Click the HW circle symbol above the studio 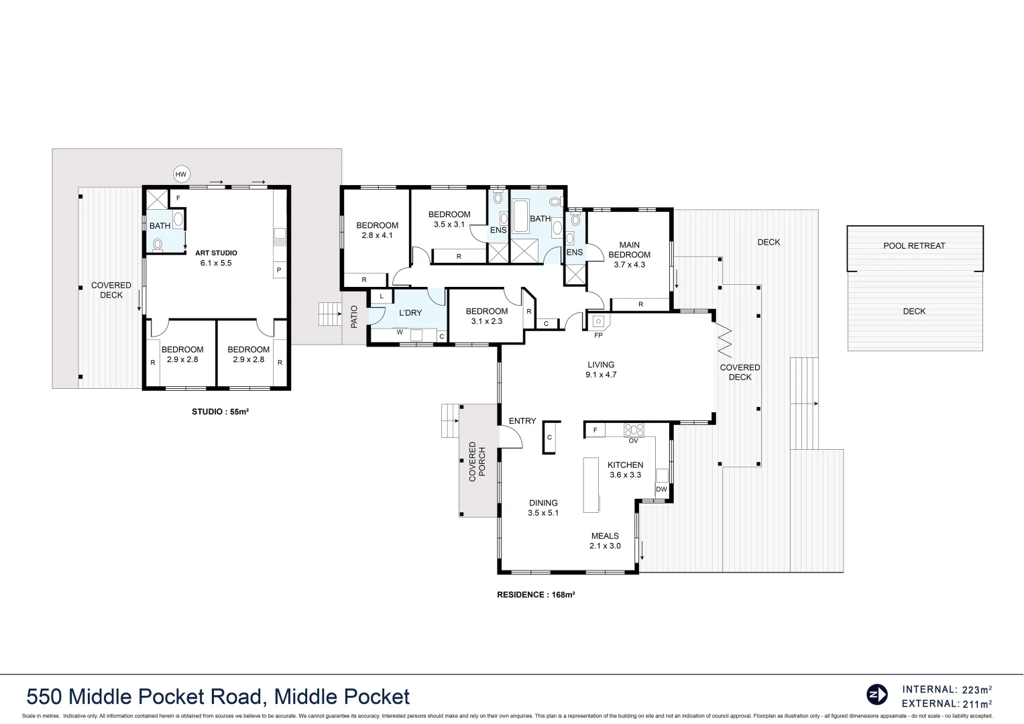pyautogui.click(x=180, y=174)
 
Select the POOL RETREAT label pyautogui.click(x=914, y=246)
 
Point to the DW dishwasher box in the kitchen pyautogui.click(x=661, y=489)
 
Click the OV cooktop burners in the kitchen pyautogui.click(x=634, y=430)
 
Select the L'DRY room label pyautogui.click(x=410, y=313)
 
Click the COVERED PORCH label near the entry pyautogui.click(x=477, y=461)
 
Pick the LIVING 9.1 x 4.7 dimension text pyautogui.click(x=601, y=375)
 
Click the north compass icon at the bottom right pyautogui.click(x=876, y=695)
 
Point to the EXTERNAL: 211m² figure pyautogui.click(x=947, y=704)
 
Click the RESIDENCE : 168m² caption pyautogui.click(x=536, y=595)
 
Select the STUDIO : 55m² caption pyautogui.click(x=220, y=412)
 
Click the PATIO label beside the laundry pyautogui.click(x=354, y=316)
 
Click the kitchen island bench pyautogui.click(x=591, y=485)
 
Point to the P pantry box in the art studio pyautogui.click(x=279, y=270)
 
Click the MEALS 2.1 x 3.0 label pyautogui.click(x=605, y=541)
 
